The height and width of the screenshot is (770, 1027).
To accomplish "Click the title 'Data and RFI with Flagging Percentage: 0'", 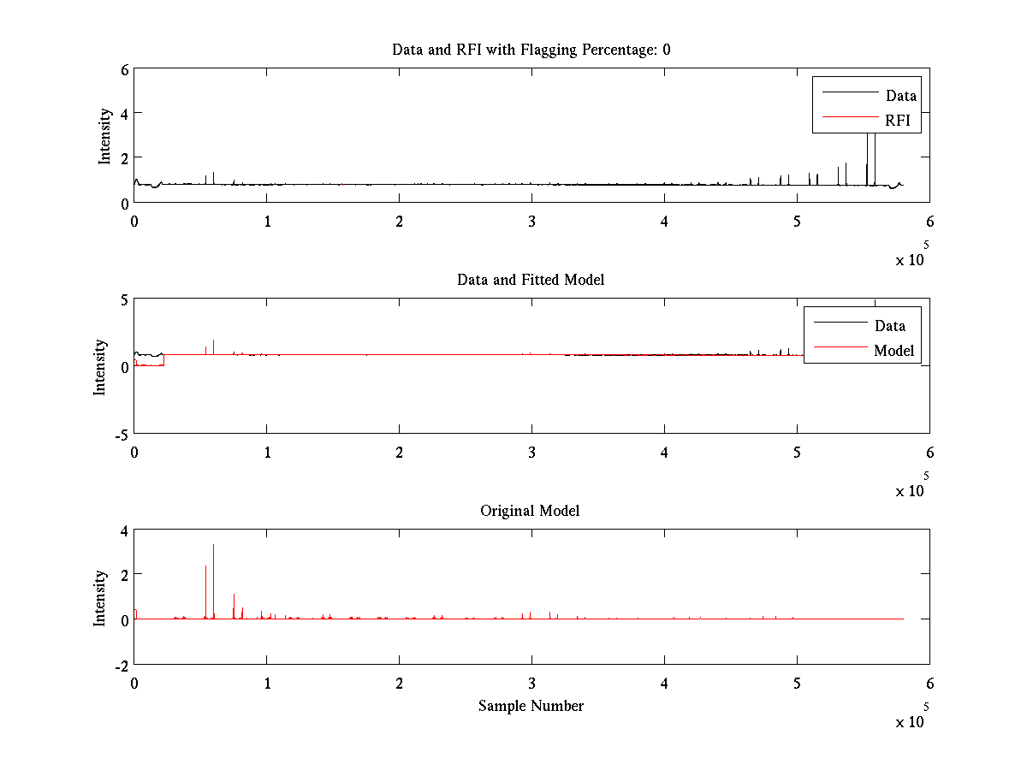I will tap(531, 50).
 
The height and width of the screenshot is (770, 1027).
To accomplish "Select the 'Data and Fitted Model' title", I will tap(531, 280).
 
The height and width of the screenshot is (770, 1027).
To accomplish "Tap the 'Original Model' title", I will tap(530, 511).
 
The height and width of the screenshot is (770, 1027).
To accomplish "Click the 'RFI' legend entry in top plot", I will tap(898, 121).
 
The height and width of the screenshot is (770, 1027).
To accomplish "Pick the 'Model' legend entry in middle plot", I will tap(893, 350).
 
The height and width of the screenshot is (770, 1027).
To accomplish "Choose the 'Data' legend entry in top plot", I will tap(900, 96).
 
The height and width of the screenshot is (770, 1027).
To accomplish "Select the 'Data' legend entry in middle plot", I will tap(889, 325).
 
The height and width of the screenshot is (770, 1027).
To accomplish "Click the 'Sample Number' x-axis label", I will tap(531, 706).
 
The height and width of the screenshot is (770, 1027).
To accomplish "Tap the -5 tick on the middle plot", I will tap(121, 435).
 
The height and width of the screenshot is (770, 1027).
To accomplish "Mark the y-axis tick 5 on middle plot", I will tap(125, 299).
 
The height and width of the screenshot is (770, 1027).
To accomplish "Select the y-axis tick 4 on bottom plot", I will tap(125, 530).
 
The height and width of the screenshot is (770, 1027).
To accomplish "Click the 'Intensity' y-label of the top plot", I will tap(104, 135).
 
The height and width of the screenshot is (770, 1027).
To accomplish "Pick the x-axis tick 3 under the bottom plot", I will tap(531, 684).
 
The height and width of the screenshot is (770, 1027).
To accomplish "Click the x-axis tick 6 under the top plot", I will tap(929, 222).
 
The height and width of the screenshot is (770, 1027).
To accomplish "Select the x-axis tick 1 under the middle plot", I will tap(267, 453).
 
